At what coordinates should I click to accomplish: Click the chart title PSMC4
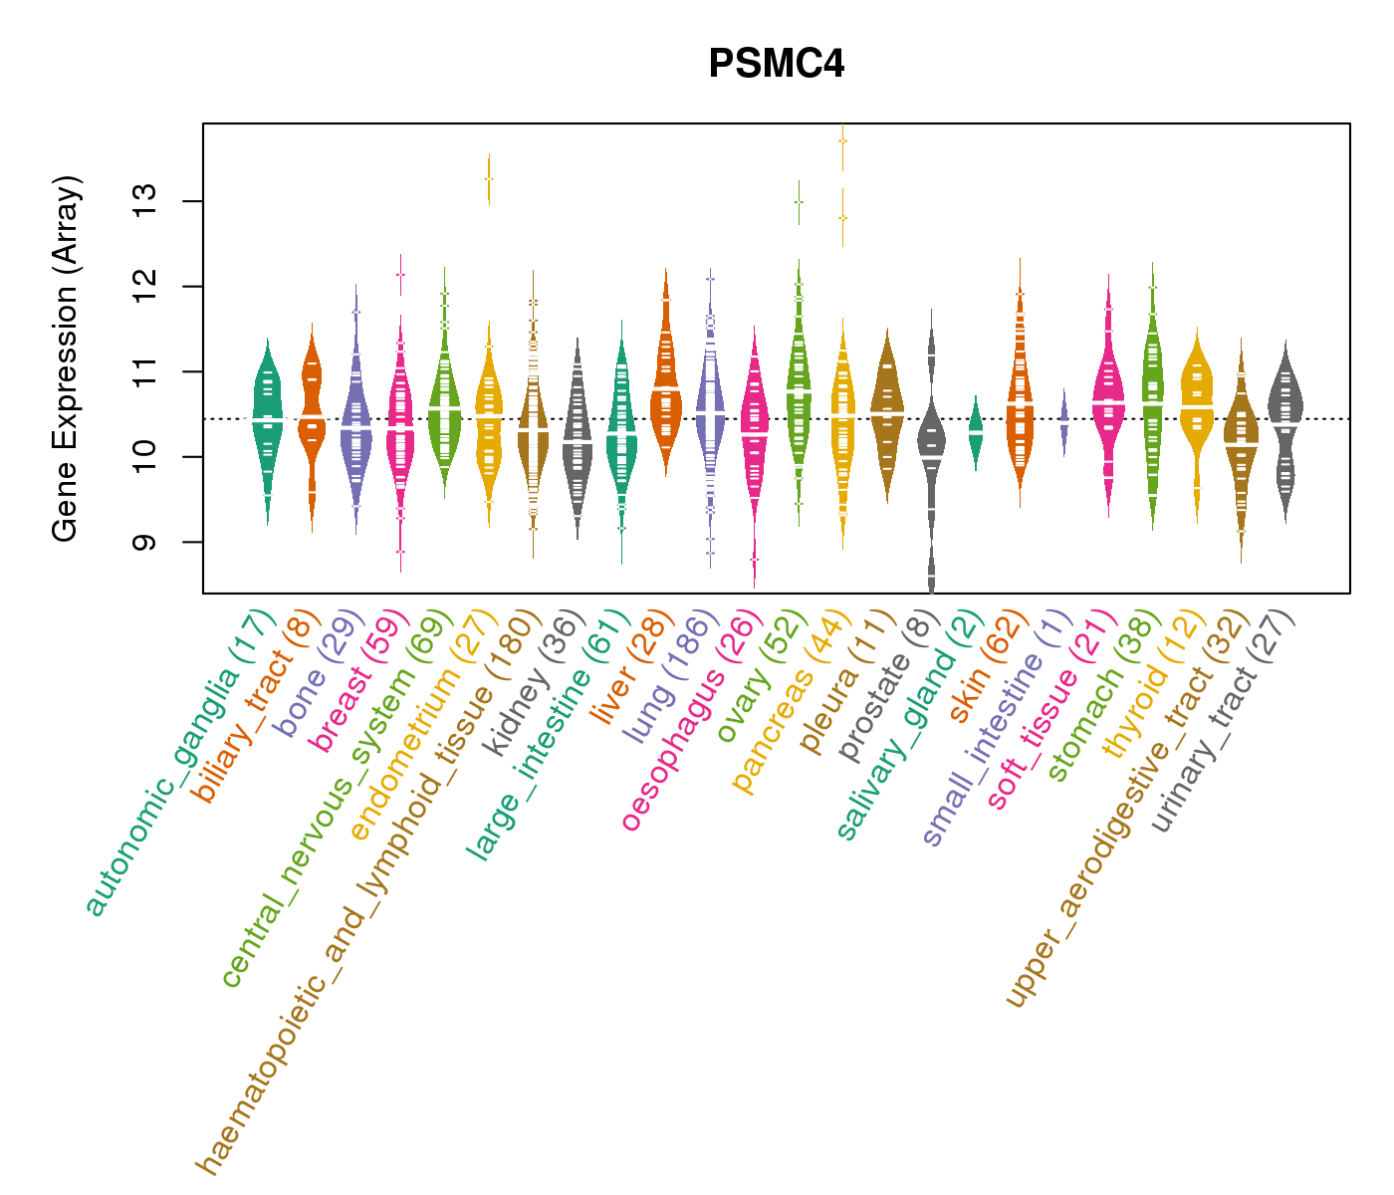pyautogui.click(x=777, y=65)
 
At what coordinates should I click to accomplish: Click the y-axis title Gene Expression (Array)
pyautogui.click(x=66, y=358)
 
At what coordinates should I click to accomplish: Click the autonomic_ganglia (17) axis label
pyautogui.click(x=177, y=762)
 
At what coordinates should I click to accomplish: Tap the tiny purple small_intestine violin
pyautogui.click(x=1063, y=423)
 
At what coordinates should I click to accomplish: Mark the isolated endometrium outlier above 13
pyautogui.click(x=488, y=178)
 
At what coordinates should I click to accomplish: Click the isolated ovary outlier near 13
pyautogui.click(x=799, y=201)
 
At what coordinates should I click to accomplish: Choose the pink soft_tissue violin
pyautogui.click(x=1108, y=398)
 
